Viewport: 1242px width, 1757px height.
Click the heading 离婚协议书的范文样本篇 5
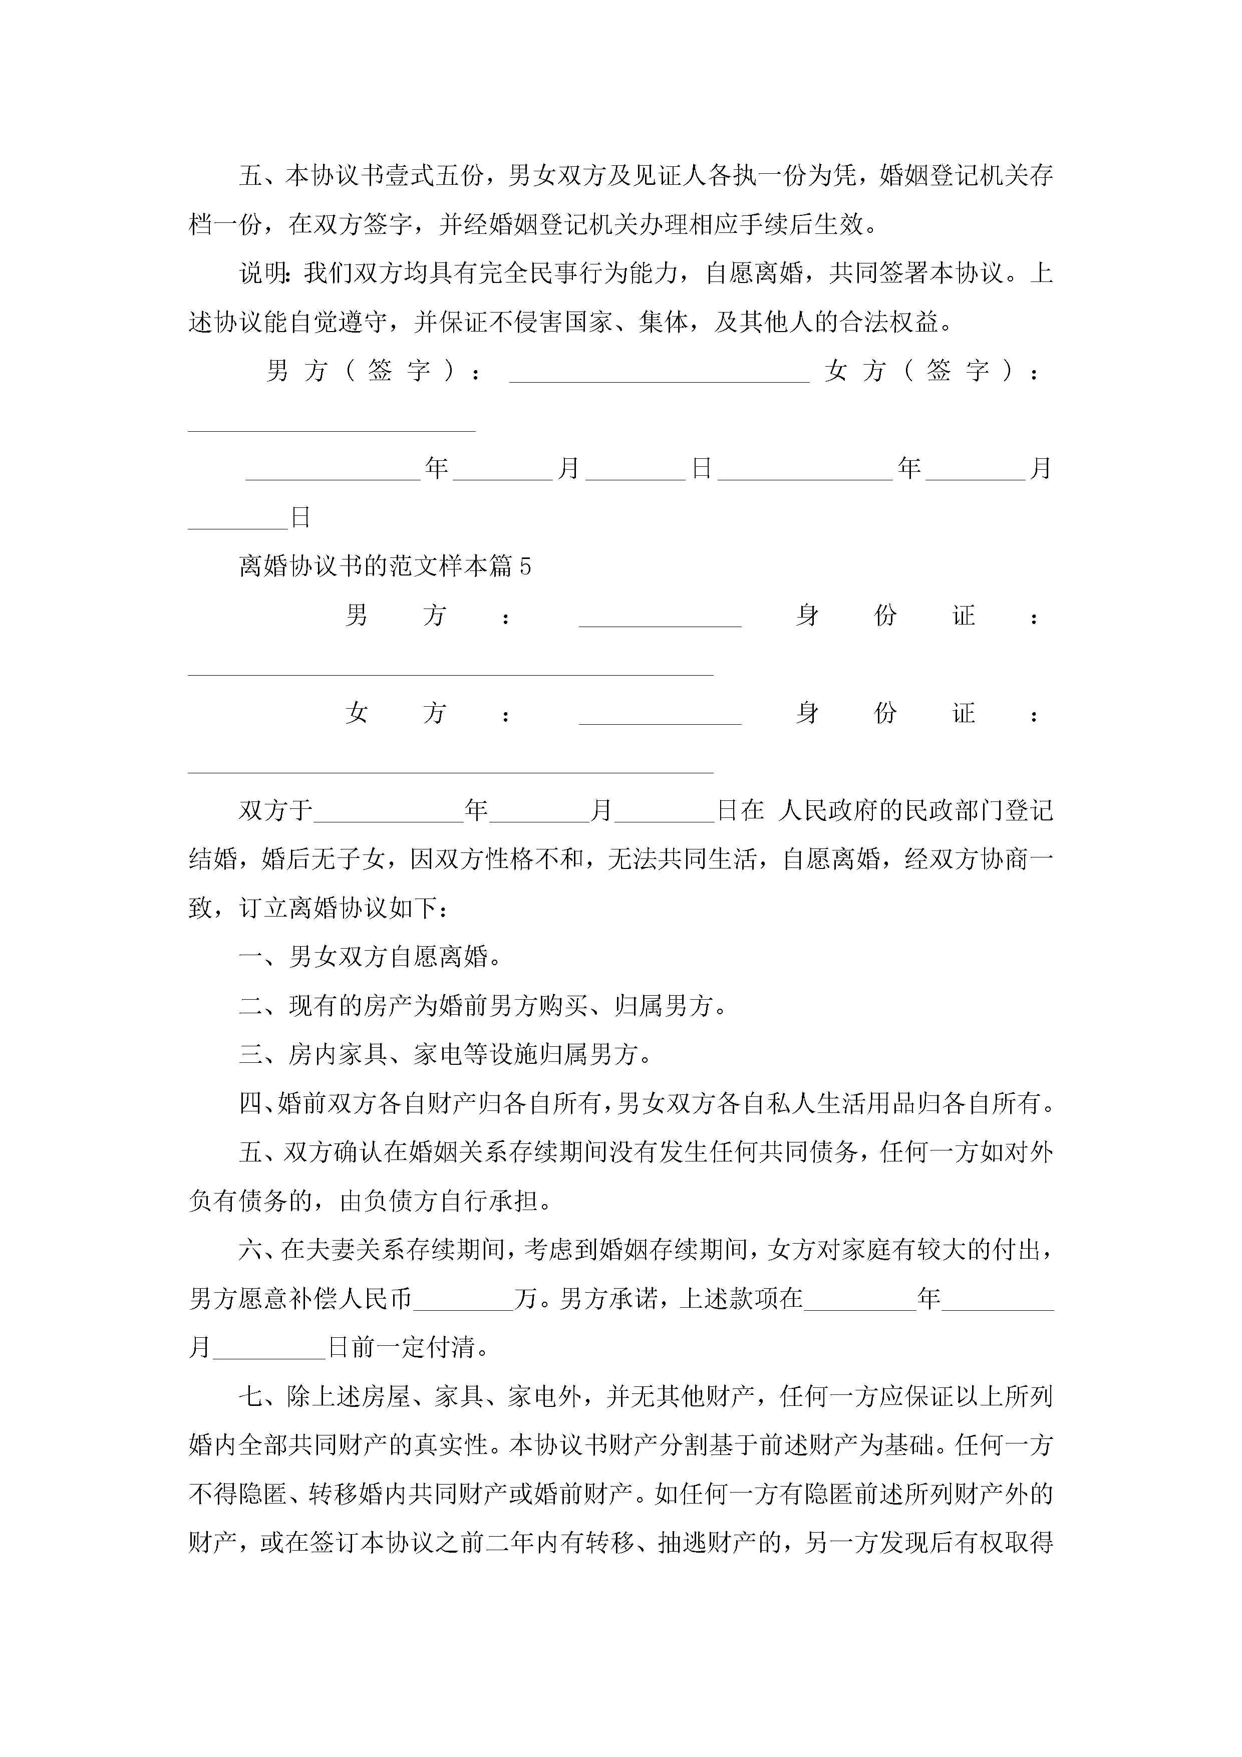click(385, 566)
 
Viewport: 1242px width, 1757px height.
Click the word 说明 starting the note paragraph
click(262, 273)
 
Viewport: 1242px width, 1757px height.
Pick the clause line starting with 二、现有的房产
click(483, 1006)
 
